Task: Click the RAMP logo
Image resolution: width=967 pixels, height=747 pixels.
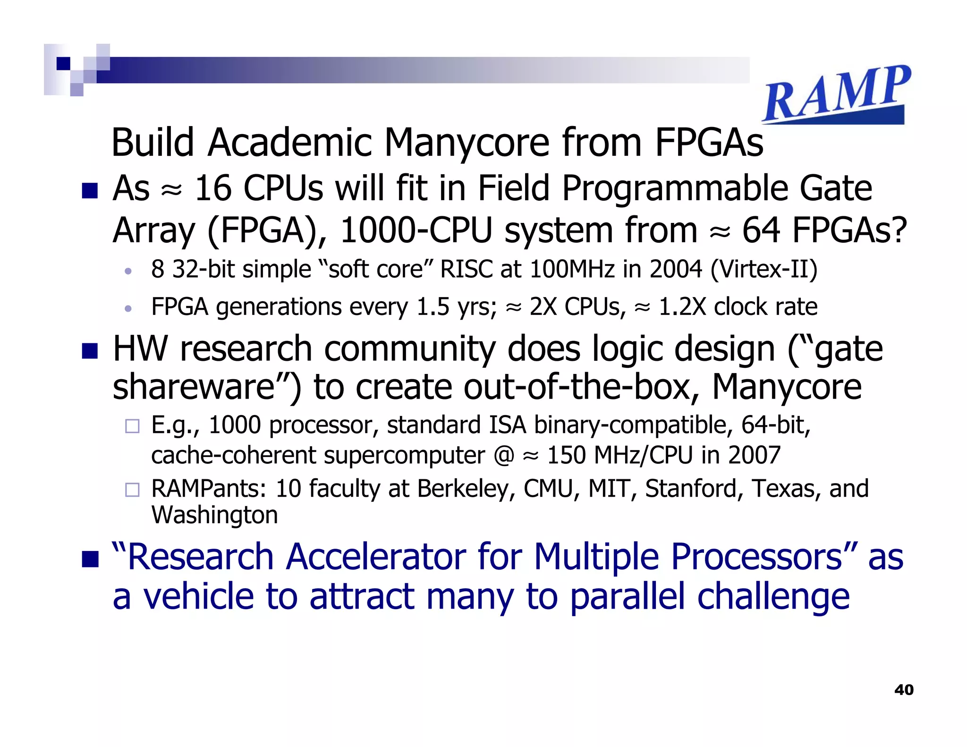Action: click(836, 94)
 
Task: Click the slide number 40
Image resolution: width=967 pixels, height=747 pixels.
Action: click(904, 690)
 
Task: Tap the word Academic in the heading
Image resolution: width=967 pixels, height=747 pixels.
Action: click(290, 143)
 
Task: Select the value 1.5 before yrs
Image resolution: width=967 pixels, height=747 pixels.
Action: click(433, 307)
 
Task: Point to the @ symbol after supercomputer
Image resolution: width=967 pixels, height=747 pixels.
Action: click(504, 456)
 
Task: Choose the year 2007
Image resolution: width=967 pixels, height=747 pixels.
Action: click(754, 456)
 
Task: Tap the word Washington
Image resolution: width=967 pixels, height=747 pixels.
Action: click(214, 515)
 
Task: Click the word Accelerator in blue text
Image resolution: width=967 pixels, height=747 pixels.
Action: click(376, 557)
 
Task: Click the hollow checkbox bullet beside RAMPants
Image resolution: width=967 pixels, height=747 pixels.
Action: click(132, 490)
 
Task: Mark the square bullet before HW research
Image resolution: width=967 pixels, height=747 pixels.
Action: click(90, 351)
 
